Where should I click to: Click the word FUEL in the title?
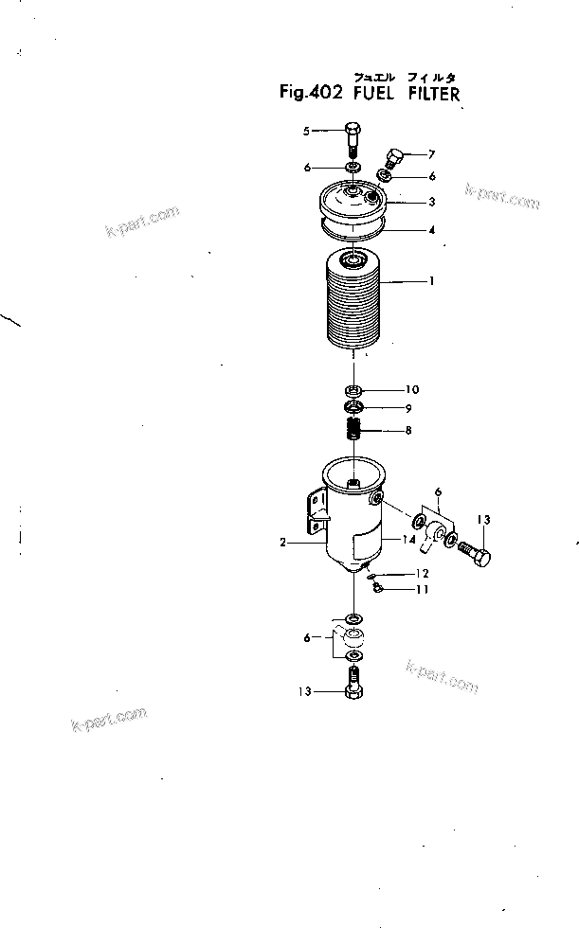(375, 94)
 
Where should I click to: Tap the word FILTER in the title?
(435, 94)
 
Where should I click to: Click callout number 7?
(431, 153)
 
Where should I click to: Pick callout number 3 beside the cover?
(431, 202)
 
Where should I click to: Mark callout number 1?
(431, 281)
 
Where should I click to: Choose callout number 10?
(412, 390)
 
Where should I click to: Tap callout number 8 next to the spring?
(408, 431)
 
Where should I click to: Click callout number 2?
(283, 544)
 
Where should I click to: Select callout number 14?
(409, 539)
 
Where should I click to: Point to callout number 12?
(423, 574)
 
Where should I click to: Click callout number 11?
(423, 590)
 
